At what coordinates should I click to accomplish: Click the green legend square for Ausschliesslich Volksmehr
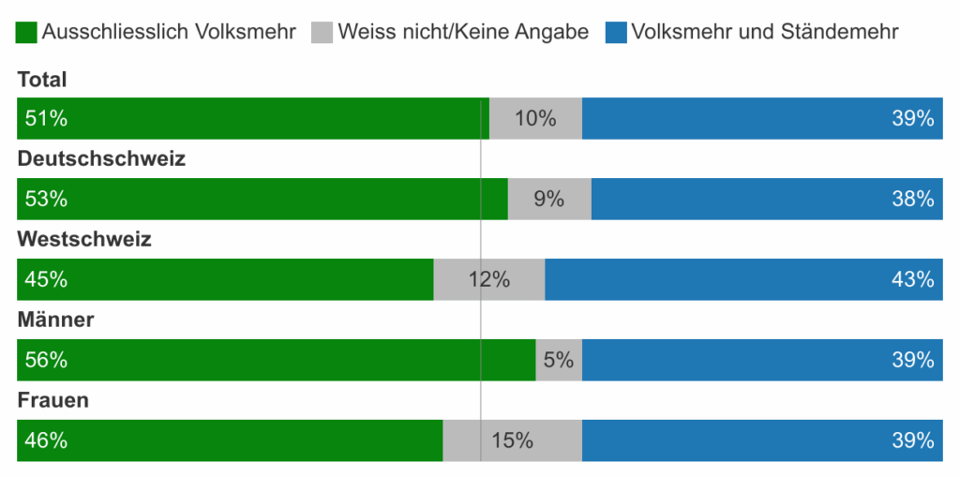coord(27,32)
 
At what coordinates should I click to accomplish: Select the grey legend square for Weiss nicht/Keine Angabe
coord(322,32)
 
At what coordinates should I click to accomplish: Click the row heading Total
coord(42,81)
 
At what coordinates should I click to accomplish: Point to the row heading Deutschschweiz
coord(101,158)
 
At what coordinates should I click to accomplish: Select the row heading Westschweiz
coord(84,239)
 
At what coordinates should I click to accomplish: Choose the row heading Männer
coord(56,320)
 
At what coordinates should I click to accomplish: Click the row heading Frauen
coord(53,400)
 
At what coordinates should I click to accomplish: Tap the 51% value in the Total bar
coord(46,119)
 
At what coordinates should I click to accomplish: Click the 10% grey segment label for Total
coord(535,119)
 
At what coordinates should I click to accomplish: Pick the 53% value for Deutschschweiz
coord(46,199)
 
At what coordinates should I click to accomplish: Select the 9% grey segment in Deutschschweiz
coord(548,199)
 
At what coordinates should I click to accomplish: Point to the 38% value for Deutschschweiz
coord(913,199)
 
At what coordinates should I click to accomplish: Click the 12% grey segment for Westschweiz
coord(489,279)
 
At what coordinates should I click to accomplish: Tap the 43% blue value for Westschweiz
coord(913,279)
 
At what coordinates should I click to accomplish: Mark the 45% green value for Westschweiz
coord(46,279)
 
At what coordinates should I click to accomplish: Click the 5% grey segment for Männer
coord(559,360)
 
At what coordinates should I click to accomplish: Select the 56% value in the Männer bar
coord(46,360)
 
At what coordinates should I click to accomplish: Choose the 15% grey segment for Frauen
coord(512,440)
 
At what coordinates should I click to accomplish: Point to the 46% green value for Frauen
coord(46,440)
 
